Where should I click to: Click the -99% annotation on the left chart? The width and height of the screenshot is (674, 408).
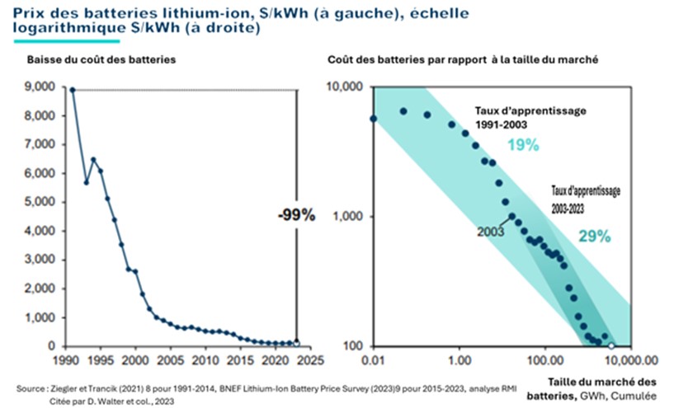[295, 216]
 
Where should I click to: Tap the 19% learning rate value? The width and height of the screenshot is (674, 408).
[523, 146]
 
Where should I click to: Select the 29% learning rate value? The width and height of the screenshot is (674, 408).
[594, 237]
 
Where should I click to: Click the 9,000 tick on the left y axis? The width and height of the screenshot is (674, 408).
[40, 87]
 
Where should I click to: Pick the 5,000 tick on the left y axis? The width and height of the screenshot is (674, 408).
[40, 202]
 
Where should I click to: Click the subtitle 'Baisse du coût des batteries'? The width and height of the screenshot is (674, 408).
[101, 60]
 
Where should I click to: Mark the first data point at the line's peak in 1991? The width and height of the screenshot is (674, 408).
[73, 90]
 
